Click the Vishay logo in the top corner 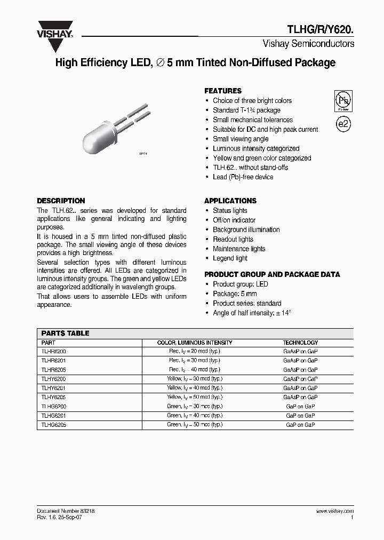[x=54, y=29]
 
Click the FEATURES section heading [x=223, y=91]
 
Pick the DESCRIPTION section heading [x=61, y=201]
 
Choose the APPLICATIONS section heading [x=230, y=201]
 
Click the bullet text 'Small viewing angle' [x=241, y=139]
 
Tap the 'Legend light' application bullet [x=230, y=258]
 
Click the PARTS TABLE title [x=65, y=333]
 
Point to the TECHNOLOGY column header [x=300, y=343]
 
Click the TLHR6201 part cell [x=53, y=360]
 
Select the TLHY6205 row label [x=53, y=397]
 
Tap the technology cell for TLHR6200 [x=300, y=351]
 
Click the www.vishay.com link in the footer [x=334, y=511]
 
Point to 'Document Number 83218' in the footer [x=66, y=511]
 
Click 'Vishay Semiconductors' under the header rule [x=308, y=44]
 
